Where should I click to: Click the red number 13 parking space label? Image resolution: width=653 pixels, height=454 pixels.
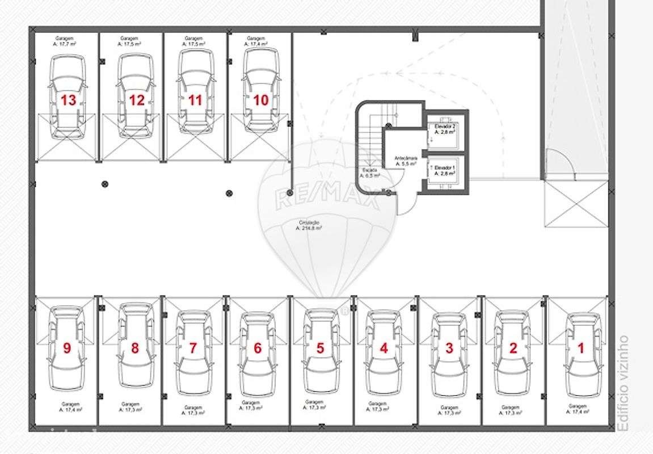(x=68, y=100)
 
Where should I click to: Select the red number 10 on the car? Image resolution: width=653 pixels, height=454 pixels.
(x=260, y=100)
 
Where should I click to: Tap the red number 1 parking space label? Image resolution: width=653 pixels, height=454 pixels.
(x=580, y=348)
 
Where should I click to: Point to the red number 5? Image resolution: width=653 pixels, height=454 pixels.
(x=320, y=348)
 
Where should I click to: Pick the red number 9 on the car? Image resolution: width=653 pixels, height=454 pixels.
(x=67, y=348)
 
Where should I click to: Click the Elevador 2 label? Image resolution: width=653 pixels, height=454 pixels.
(x=445, y=128)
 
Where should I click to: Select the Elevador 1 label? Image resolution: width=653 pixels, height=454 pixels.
(x=445, y=171)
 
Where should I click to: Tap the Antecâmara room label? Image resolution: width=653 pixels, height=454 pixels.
(x=406, y=161)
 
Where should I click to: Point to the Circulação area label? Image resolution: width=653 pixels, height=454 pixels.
(x=309, y=225)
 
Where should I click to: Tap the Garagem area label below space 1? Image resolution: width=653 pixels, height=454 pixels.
(x=578, y=409)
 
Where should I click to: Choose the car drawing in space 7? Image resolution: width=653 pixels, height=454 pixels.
(x=193, y=352)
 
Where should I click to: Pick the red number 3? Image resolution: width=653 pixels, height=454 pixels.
(x=449, y=348)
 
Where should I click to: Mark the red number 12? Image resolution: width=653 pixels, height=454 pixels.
(x=137, y=100)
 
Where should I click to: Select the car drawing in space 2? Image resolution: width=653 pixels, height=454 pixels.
(x=513, y=352)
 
